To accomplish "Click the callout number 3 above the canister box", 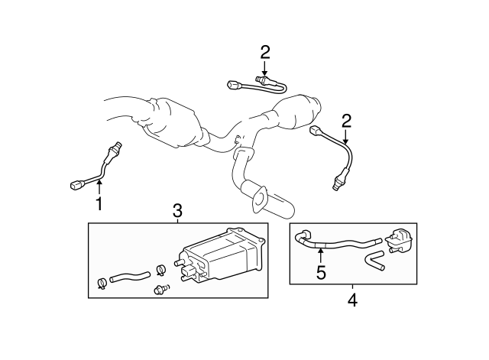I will (x=177, y=210).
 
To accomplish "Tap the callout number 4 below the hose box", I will (x=352, y=300).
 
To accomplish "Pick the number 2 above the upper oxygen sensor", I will (x=265, y=53).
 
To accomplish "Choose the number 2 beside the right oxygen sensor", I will (x=346, y=121).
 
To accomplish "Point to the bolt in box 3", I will (x=161, y=289).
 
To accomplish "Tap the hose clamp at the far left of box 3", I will (x=102, y=285).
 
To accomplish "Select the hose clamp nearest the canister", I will (x=160, y=269).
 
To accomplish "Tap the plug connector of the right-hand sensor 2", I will (x=316, y=132).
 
